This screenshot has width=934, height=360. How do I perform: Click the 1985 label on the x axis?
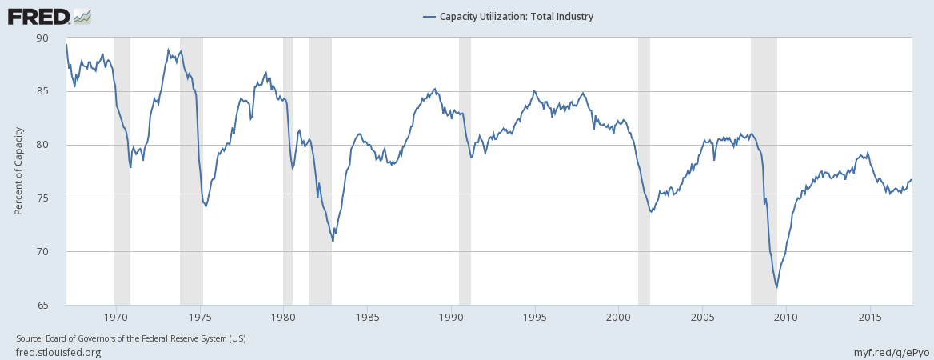pos(367,316)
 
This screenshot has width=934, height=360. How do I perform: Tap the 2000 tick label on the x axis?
pos(618,316)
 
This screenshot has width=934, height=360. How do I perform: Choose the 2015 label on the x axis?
pos(870,316)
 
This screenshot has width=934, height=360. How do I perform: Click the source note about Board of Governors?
pos(131,338)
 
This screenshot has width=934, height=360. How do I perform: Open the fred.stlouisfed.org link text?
pos(58,352)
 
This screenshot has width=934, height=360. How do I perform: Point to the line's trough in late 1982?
pos(333,241)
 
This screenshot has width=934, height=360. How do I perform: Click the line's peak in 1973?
pos(168,50)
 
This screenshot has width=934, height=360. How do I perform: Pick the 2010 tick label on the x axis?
pos(786,316)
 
